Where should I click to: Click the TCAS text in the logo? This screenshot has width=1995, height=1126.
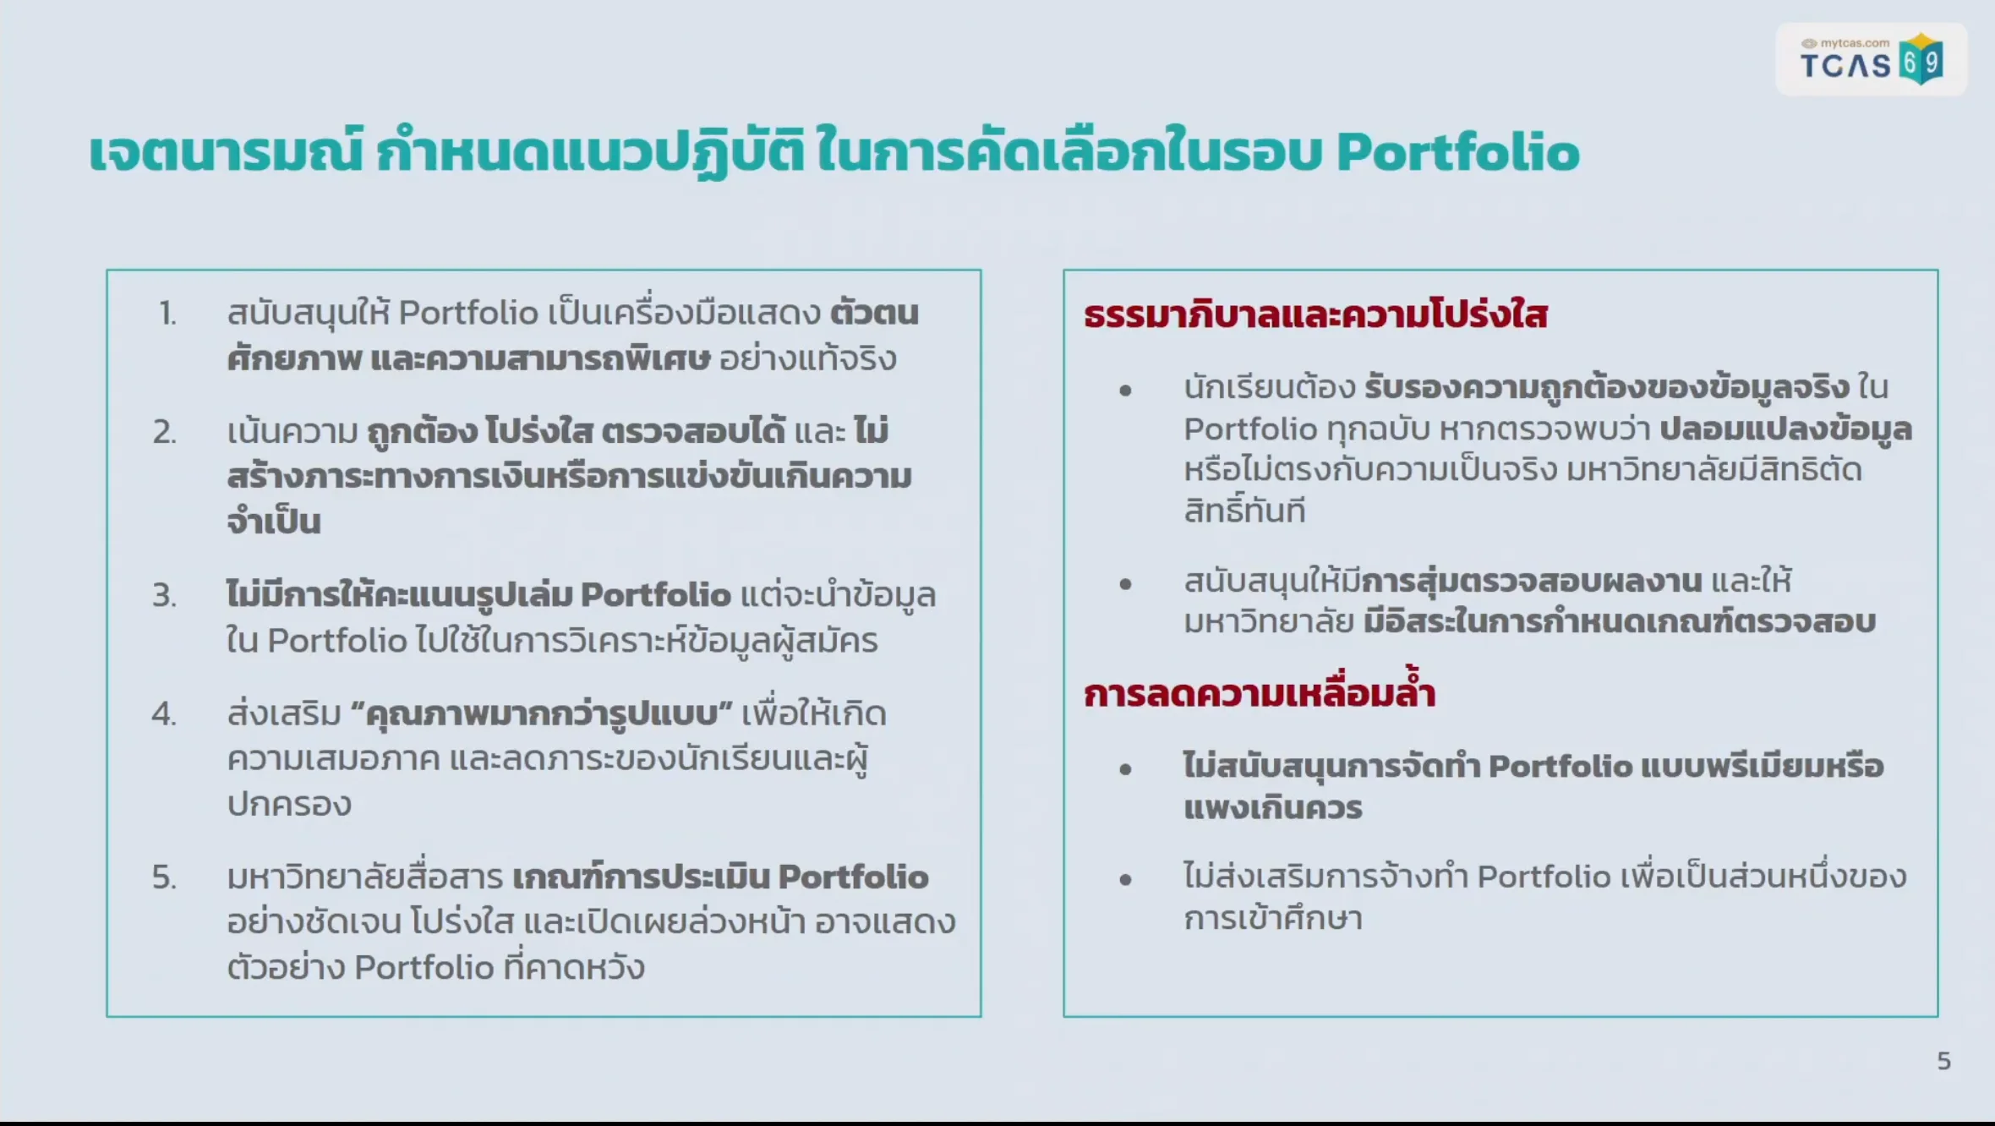coord(1845,66)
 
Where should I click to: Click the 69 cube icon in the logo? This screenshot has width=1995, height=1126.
coord(1921,60)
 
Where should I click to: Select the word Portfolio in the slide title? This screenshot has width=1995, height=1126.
coord(1457,153)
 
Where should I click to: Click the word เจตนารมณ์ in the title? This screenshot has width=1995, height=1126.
coord(226,153)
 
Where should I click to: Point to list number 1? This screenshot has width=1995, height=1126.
coord(167,314)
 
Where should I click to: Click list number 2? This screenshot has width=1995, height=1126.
coord(165,432)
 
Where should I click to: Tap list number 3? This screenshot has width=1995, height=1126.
coord(165,596)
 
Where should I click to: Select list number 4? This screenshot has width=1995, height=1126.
coord(165,714)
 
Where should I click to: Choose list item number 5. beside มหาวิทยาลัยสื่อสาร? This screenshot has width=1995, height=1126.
coord(165,877)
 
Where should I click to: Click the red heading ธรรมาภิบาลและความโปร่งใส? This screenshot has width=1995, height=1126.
coord(1315,315)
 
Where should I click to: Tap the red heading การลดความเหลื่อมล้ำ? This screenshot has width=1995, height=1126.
coord(1260,693)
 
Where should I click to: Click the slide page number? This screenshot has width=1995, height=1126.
coord(1943,1061)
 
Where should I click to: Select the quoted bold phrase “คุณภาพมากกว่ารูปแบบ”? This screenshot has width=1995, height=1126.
coord(541,715)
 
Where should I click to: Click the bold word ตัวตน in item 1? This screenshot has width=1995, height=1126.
coord(874,314)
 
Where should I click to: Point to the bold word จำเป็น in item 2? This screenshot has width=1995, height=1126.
coord(274,522)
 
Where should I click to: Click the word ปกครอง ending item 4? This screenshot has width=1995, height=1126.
coord(289,805)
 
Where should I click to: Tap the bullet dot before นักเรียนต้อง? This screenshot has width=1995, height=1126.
coord(1125,391)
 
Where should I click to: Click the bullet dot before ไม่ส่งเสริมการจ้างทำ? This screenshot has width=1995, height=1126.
coord(1125,880)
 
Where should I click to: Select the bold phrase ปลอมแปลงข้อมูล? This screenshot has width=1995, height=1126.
coord(1785,430)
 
